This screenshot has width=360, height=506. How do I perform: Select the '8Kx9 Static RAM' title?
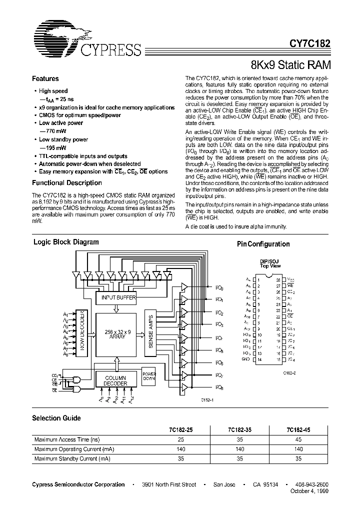point(290,64)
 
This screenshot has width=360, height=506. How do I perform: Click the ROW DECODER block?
point(83,333)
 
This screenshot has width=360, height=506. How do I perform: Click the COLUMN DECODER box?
point(115,380)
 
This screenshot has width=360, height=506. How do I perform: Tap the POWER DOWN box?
point(149,377)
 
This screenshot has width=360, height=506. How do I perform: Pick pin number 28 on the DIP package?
point(278,280)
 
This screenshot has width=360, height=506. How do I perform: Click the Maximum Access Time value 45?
point(299,439)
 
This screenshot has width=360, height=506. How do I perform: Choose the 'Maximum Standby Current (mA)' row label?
point(72,458)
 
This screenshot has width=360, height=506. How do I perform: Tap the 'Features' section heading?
point(45,78)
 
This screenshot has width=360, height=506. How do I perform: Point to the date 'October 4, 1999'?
point(310,491)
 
